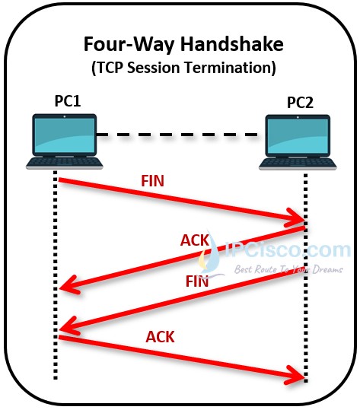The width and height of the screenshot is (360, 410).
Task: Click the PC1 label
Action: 68,101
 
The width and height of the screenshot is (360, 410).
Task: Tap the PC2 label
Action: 300,102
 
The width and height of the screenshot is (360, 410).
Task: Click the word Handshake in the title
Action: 232,44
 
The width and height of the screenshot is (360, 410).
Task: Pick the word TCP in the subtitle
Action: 110,68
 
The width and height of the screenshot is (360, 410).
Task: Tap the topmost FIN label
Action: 152,181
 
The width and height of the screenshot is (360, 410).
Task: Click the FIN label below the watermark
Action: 197,281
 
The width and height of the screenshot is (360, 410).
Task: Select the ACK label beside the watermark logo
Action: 195,240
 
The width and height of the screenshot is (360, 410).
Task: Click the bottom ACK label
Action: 160,337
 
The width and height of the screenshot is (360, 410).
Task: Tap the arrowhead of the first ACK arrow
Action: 60,288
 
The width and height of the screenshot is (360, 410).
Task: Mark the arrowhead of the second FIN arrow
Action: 60,329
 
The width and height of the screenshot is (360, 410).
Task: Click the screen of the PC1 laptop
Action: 65,135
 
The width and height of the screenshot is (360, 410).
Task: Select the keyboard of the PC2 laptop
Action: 298,164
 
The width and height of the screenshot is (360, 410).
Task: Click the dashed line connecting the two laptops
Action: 177,135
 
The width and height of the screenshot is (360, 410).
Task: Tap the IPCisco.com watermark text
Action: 287,249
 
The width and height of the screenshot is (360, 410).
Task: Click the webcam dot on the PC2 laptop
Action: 298,117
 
